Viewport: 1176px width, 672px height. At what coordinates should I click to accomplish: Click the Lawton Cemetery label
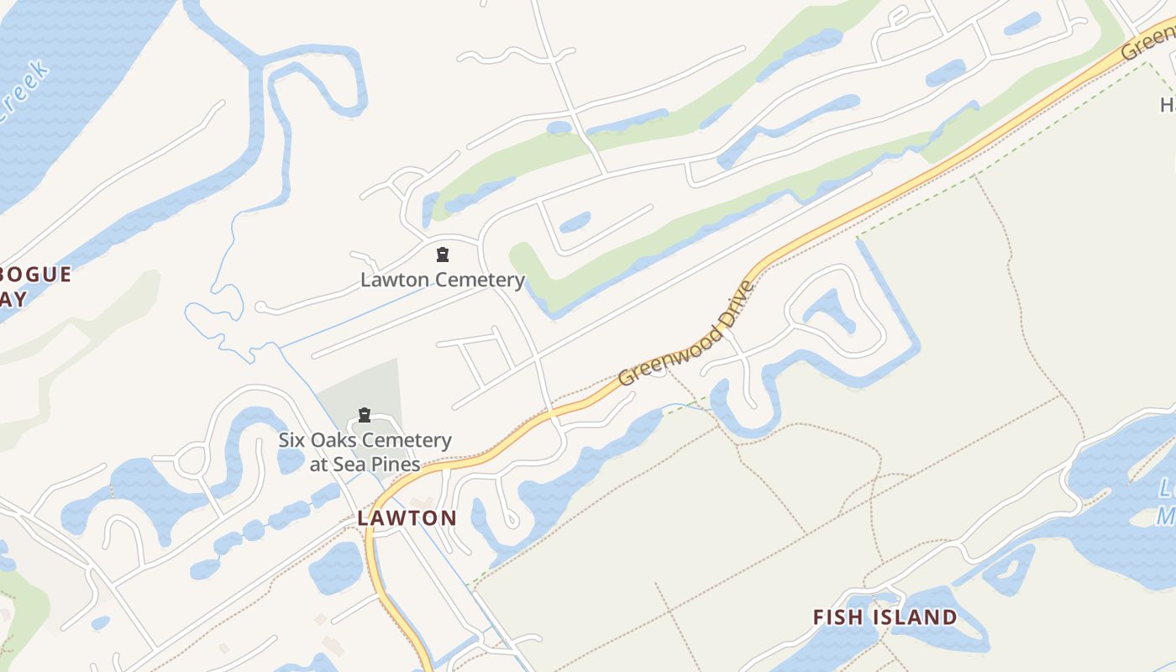click(443, 280)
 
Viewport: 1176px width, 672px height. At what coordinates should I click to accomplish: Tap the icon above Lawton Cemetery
click(443, 255)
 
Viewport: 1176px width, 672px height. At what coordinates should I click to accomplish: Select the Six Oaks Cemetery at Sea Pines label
click(365, 452)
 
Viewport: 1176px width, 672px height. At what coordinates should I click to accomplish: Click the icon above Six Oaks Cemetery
click(365, 415)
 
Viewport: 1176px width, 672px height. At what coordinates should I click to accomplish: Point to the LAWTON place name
click(407, 518)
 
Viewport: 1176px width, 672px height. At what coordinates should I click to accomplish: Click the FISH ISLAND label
click(885, 617)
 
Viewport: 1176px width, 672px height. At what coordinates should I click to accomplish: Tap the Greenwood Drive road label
click(687, 333)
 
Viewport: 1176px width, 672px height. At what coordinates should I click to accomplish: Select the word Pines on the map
click(393, 465)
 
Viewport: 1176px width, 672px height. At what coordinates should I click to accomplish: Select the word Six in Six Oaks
click(294, 440)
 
